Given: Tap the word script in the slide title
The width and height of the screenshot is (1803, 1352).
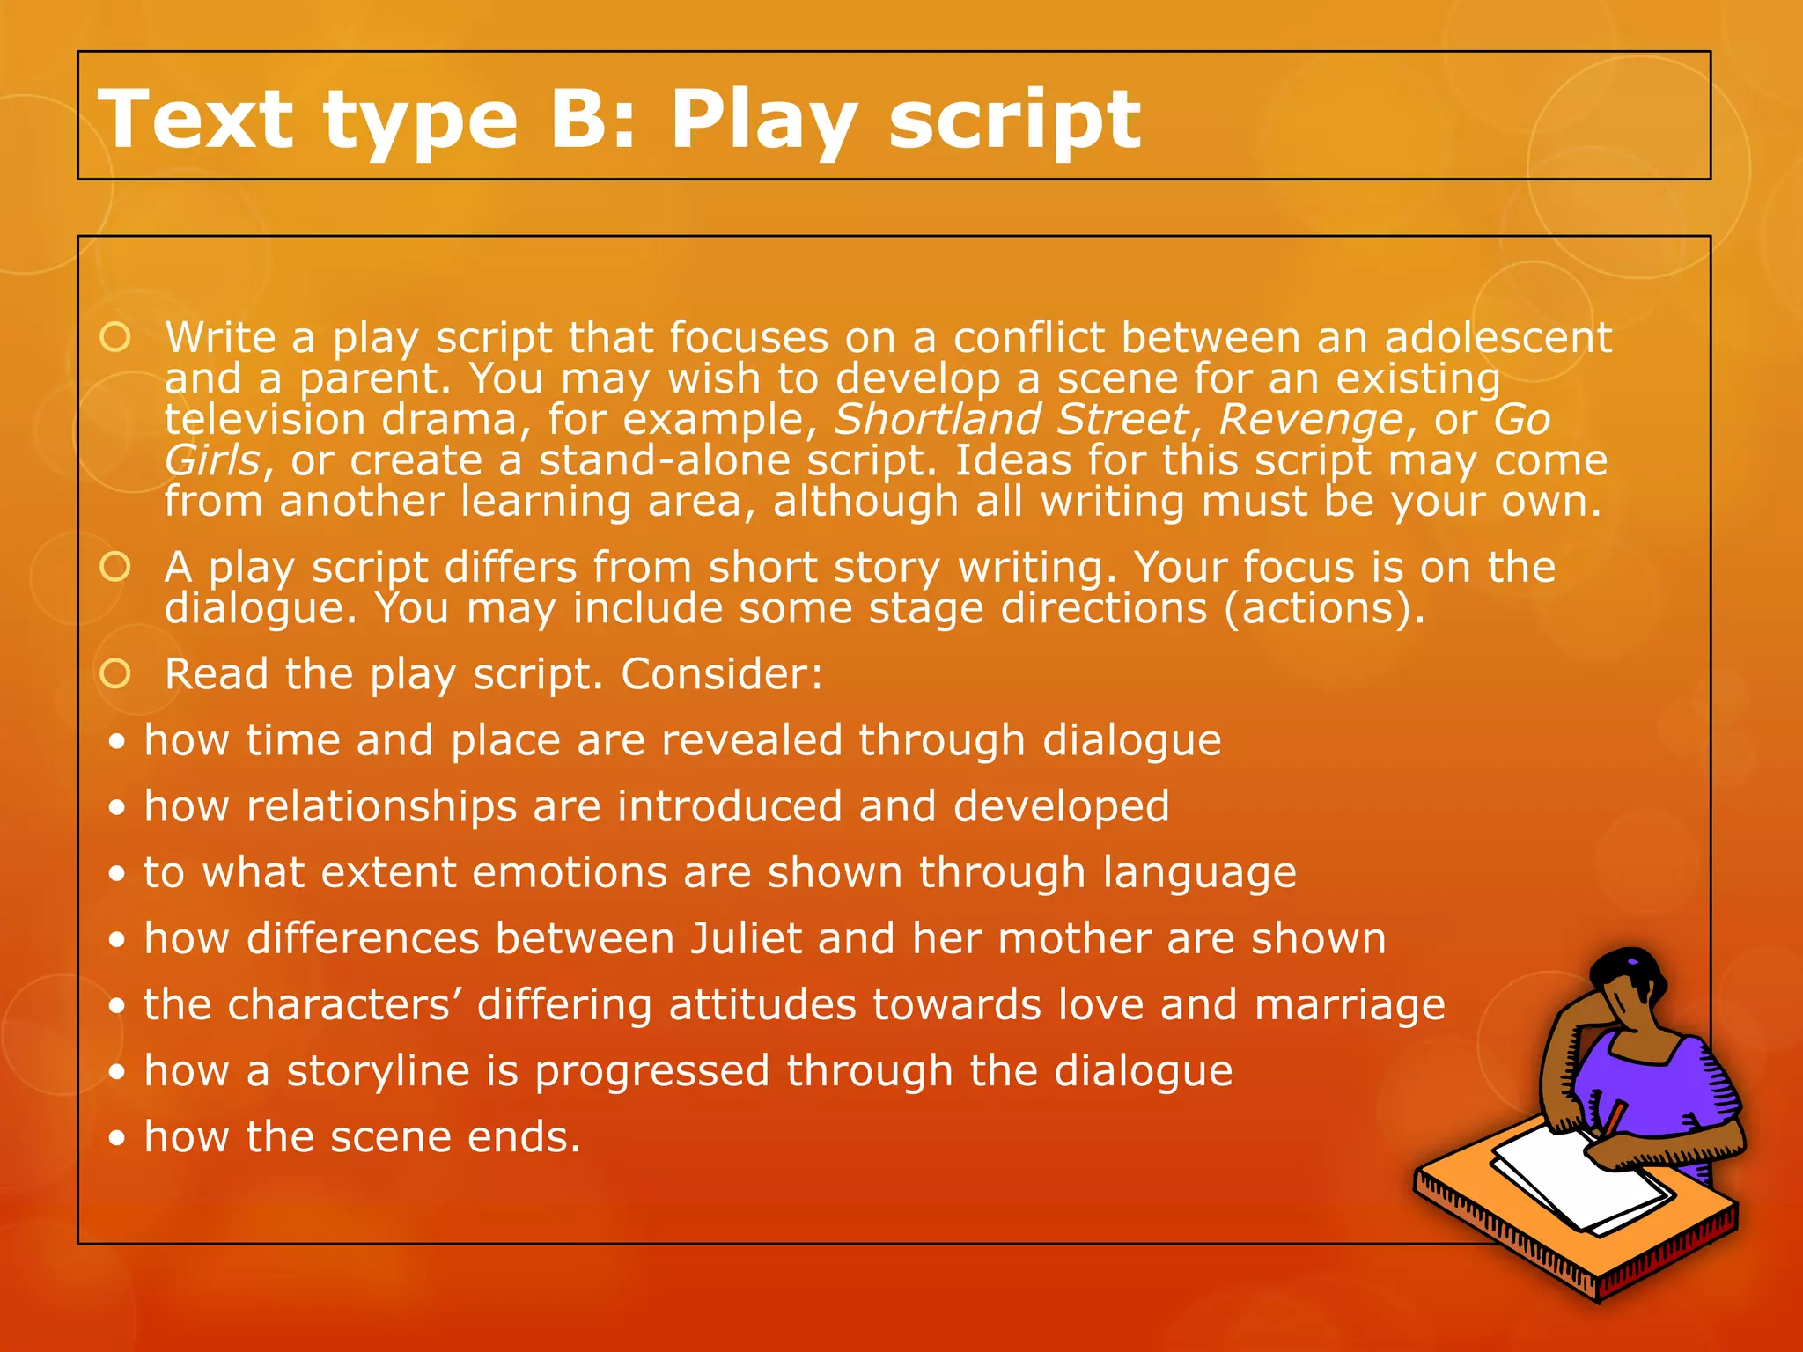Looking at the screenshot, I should tap(1014, 121).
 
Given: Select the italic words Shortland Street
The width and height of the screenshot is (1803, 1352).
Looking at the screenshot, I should tap(1012, 419).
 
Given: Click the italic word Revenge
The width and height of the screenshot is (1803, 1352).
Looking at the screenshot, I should tap(1312, 420).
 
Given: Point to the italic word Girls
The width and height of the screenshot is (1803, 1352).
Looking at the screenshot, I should tap(212, 460).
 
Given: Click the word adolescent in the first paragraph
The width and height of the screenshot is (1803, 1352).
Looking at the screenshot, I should tap(1498, 337).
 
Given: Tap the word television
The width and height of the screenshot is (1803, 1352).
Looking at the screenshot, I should tap(264, 419).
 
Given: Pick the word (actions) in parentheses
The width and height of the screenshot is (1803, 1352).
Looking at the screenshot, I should tap(1324, 608).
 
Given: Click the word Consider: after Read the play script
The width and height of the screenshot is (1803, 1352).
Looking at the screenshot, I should tap(722, 674).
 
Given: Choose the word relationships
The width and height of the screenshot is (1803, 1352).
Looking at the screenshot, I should tap(381, 806).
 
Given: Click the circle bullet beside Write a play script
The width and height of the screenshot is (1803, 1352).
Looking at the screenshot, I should tap(115, 337).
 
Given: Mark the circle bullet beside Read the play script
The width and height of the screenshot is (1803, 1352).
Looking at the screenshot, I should tap(115, 674).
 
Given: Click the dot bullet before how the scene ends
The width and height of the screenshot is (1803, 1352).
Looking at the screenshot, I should tap(117, 1138).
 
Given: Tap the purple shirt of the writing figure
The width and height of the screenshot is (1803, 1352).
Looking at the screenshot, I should tap(1655, 1083).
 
